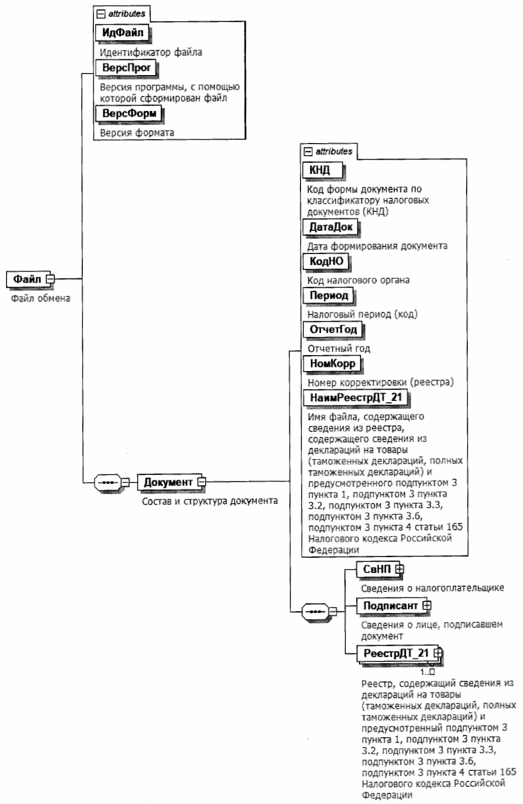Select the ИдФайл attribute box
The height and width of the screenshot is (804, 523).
coord(123,33)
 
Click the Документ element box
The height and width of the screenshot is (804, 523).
coord(168,482)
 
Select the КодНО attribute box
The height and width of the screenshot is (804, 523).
coord(326,261)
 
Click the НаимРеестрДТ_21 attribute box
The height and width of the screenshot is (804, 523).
coord(355,397)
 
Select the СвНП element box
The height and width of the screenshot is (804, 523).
coord(377,569)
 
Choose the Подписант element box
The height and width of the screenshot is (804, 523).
coord(390,606)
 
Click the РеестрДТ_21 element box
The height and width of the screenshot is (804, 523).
coord(396,654)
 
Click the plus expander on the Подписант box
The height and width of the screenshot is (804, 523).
coord(426,606)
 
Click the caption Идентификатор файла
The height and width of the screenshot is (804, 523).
coord(151,52)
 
